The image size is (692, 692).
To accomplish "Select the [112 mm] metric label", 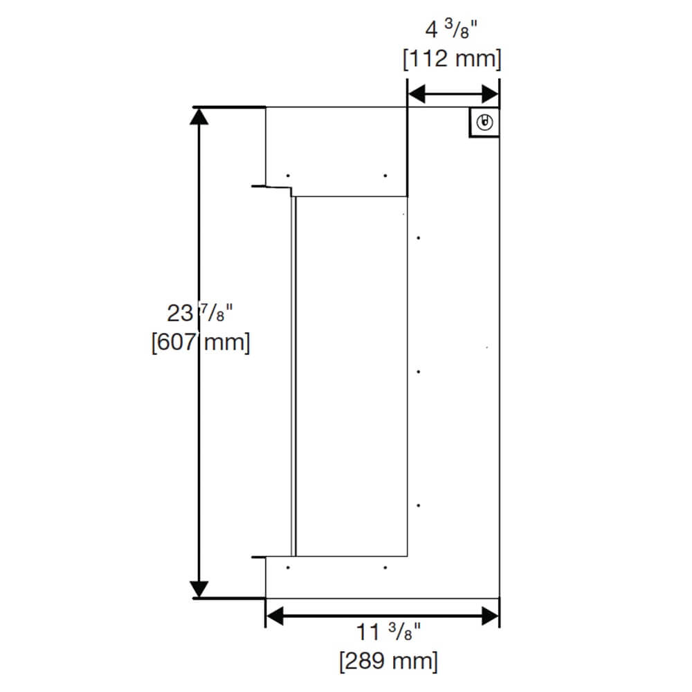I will [x=452, y=60].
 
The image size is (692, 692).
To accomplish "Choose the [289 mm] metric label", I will [x=388, y=661].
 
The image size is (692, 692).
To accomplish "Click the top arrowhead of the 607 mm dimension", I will [x=199, y=116].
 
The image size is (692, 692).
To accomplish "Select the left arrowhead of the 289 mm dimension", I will [x=275, y=615].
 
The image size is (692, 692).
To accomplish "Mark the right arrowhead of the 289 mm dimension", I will [x=490, y=615].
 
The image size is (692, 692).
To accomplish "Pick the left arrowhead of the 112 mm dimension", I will [x=416, y=93].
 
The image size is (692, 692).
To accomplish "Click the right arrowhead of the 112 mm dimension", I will [x=490, y=93].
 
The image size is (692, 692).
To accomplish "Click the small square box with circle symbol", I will [x=484, y=123].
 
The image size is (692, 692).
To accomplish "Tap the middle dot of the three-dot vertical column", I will [x=419, y=372].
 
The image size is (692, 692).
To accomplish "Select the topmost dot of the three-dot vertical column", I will [x=419, y=238].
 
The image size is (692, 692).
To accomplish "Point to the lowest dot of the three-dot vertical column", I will [x=419, y=506].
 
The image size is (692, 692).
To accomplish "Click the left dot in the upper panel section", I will [x=289, y=175].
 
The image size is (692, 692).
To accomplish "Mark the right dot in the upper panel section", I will [x=385, y=175].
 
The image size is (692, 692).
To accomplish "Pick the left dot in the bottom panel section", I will [x=289, y=567].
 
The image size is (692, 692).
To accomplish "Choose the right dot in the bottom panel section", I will [x=385, y=567].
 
